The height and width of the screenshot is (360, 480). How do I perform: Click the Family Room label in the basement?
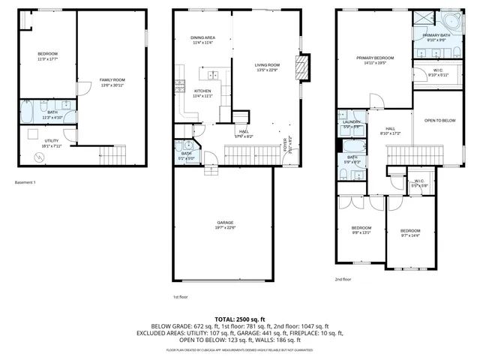point(113,82)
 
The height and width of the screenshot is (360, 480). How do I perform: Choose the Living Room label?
point(267,67)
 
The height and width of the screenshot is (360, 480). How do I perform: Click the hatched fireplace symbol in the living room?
point(302,68)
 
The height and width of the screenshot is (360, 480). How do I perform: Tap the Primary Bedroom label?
point(374,60)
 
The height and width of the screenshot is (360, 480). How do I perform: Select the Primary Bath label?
point(436,37)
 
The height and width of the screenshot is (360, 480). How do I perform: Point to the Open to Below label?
point(439,120)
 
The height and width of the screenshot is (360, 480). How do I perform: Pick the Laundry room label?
point(352,124)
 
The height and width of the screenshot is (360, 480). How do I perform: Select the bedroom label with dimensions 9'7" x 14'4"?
point(409,232)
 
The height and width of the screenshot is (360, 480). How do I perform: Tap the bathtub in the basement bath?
point(28,112)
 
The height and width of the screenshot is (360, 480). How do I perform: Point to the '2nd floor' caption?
point(343,279)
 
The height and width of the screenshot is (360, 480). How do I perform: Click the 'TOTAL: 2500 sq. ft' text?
point(239,319)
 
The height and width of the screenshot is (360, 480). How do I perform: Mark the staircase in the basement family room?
point(115,157)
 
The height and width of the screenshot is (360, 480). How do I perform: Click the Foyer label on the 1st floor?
point(288,147)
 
